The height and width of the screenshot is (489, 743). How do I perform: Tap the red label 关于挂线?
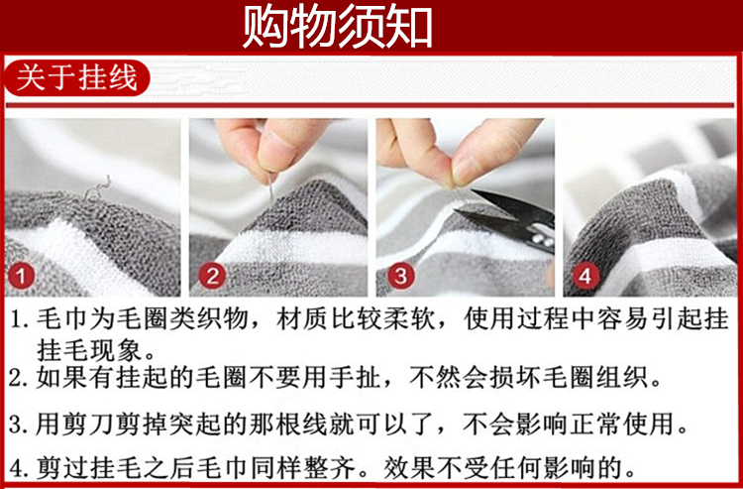click(x=76, y=78)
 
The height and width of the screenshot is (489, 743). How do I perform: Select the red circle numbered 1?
click(x=22, y=276)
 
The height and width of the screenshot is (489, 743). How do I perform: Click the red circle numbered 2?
click(x=212, y=276)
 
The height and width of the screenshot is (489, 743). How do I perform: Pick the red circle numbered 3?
click(x=401, y=276)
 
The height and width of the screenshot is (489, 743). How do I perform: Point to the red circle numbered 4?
click(x=585, y=276)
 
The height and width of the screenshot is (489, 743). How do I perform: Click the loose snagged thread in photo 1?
click(x=98, y=188)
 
